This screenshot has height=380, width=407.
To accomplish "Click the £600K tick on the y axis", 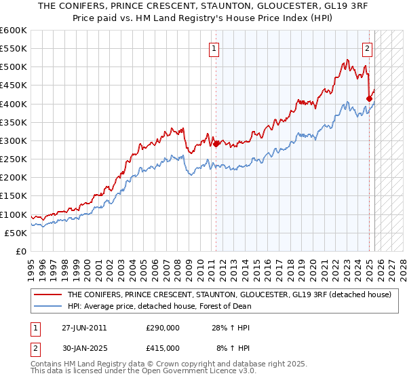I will point(14,31).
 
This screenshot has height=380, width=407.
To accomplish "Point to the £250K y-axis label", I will point(14,159).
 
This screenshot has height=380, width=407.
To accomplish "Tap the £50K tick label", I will point(16,233).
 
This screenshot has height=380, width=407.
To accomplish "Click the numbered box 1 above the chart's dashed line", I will point(214,48).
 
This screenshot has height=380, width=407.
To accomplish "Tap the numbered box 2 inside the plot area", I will point(367,48).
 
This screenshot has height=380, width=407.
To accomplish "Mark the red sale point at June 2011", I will point(216,144).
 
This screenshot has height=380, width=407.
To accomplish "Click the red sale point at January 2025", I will point(369,98).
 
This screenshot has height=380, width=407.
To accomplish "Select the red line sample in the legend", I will point(47,295).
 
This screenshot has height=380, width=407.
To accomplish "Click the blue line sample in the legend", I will point(47,306).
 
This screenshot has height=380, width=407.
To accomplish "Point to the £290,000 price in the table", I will point(162,328).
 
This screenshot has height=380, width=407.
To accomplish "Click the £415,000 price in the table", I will point(162,348).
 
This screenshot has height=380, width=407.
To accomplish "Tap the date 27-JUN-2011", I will point(84,328).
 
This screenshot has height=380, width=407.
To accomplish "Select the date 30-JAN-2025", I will point(84,348).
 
